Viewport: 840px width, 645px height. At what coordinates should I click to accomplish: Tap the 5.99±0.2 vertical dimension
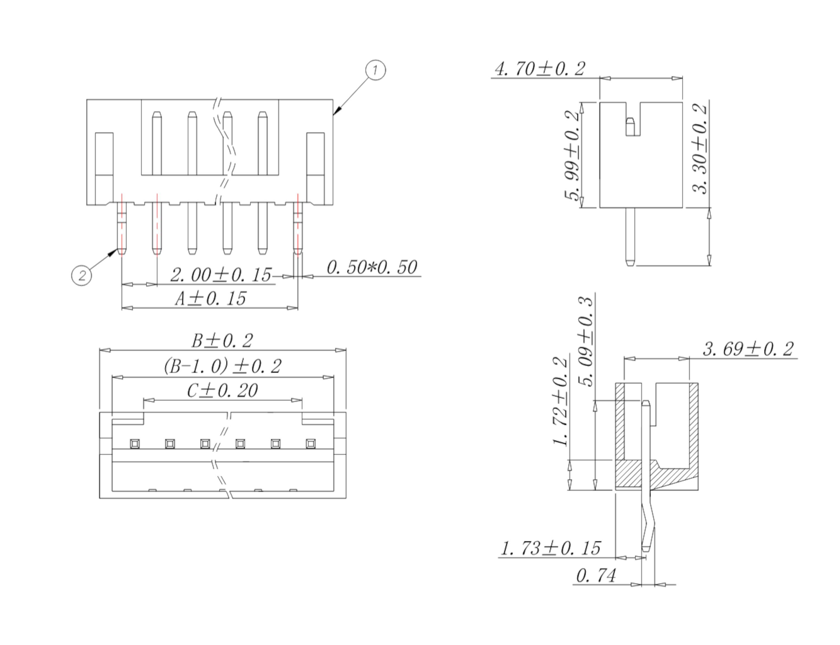pos(572,155)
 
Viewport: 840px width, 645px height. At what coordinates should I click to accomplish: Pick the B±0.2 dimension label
pos(222,340)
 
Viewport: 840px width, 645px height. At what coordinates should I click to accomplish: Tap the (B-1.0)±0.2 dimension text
pos(222,366)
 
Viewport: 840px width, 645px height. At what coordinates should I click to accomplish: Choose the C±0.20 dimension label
pos(222,391)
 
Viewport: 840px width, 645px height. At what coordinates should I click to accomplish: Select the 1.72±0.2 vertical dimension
pos(560,402)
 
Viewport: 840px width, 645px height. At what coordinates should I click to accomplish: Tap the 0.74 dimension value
pos(596,575)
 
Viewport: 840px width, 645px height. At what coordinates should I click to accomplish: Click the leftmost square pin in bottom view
pos(135,444)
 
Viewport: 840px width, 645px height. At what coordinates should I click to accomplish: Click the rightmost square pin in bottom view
pos(311,444)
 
